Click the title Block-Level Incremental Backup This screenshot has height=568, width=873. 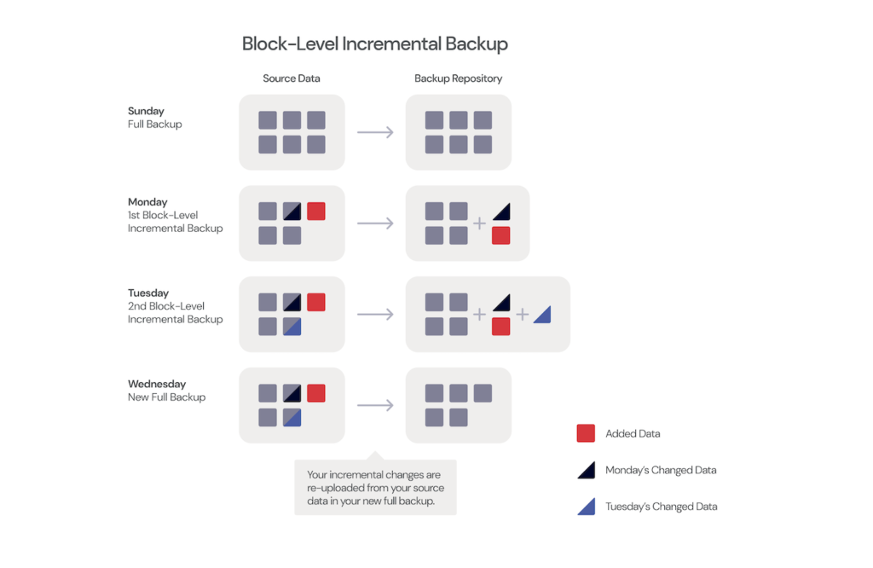pos(374,43)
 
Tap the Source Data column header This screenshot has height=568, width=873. pos(292,78)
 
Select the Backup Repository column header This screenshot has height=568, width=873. pos(458,78)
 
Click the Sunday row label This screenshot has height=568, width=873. pos(146,111)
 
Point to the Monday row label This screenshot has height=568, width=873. pos(147,202)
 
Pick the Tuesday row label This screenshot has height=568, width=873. pos(148,293)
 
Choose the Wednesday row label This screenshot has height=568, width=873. pos(156,385)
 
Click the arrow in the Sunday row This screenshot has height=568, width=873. pos(375,132)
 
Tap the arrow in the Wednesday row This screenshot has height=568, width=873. pos(375,405)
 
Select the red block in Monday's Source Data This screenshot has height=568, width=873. pos(316,211)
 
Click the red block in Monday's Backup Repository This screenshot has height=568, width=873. pos(500,235)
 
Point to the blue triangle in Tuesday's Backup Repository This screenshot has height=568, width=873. pos(541,315)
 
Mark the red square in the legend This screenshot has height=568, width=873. pos(586,433)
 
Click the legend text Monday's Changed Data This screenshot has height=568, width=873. pos(661,470)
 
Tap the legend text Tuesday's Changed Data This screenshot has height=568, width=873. pos(661,507)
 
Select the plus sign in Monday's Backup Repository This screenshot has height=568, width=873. pos(479,223)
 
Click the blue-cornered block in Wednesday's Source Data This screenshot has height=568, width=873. pos(292,417)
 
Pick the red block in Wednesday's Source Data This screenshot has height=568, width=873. pos(316,393)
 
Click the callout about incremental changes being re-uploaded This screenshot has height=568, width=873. pos(375,488)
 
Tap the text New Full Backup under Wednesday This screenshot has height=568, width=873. pos(166,397)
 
